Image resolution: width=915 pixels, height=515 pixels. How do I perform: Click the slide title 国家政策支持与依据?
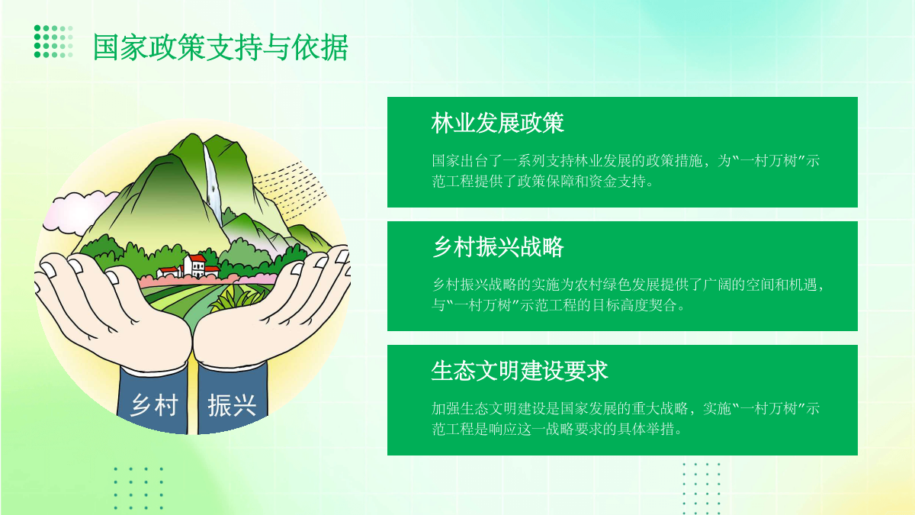click(x=220, y=47)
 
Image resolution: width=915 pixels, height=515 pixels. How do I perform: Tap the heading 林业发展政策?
click(x=497, y=123)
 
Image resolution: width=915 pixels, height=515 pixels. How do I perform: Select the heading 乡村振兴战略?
click(x=497, y=247)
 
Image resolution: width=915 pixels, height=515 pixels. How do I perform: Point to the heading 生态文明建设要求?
click(x=519, y=371)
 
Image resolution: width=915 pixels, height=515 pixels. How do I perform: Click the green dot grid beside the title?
click(x=53, y=41)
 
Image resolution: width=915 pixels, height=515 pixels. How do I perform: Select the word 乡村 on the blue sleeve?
click(x=154, y=405)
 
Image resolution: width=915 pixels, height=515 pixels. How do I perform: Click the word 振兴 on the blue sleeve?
click(x=232, y=405)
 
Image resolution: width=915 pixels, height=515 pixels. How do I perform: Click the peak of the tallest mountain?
click(x=191, y=135)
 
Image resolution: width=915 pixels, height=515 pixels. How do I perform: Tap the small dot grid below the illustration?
click(x=139, y=488)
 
